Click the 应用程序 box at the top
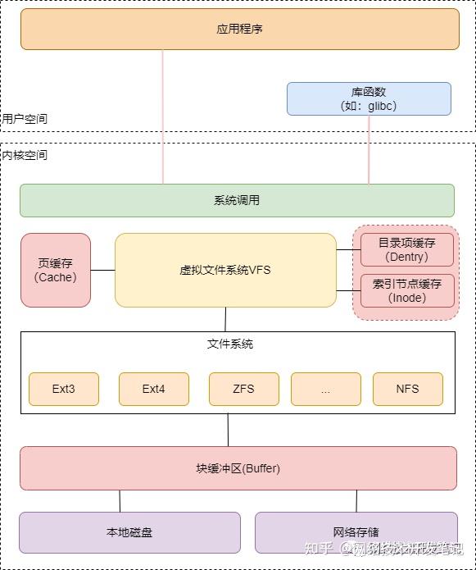click(x=239, y=29)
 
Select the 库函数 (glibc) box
click(x=369, y=98)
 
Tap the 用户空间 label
click(x=25, y=119)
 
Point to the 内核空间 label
click(x=25, y=155)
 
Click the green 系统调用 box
click(x=237, y=200)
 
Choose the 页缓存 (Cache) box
click(x=56, y=270)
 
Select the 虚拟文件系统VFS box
click(x=225, y=270)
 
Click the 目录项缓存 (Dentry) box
click(x=407, y=249)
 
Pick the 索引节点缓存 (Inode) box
click(x=407, y=290)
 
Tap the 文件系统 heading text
click(x=230, y=344)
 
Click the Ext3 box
click(x=64, y=389)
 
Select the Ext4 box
click(x=154, y=389)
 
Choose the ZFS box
click(x=244, y=389)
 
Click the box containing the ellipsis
click(x=325, y=389)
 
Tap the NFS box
click(x=408, y=389)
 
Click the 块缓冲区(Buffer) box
click(x=238, y=468)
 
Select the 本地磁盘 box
click(x=129, y=532)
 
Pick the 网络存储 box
click(x=356, y=532)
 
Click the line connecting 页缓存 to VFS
click(x=102, y=270)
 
